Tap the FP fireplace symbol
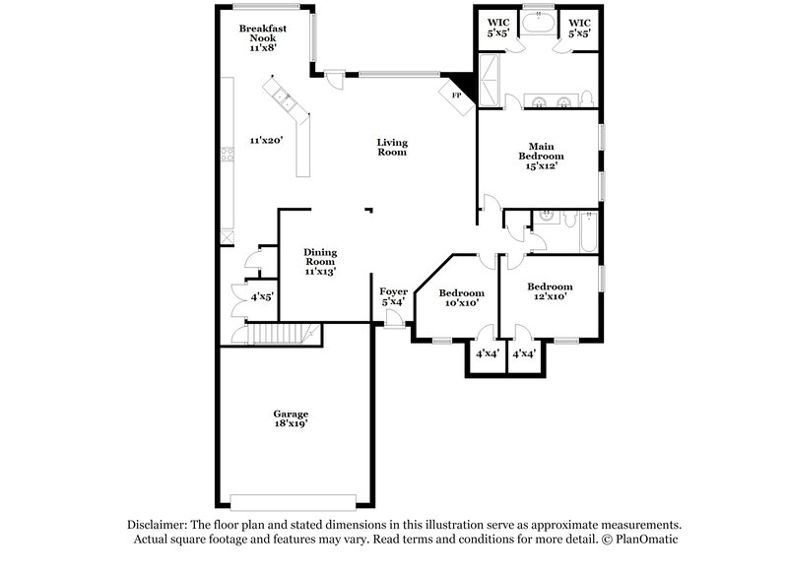(x=456, y=95)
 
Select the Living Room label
(x=391, y=148)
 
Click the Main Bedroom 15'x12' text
(x=541, y=156)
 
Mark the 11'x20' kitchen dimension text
(x=266, y=141)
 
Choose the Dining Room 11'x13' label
(x=320, y=262)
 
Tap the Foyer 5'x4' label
(x=393, y=296)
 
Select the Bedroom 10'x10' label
(x=461, y=298)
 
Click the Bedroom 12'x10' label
(x=552, y=291)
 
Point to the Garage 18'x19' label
(x=292, y=418)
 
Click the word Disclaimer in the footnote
(x=161, y=525)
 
